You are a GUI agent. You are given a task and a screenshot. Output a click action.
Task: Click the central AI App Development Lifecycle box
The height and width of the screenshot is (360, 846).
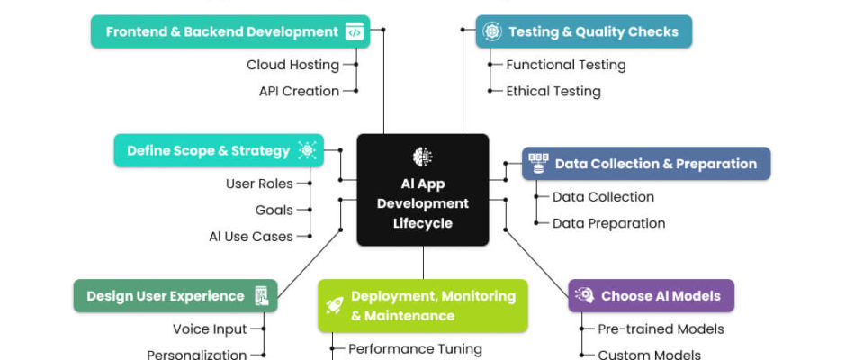click(423, 190)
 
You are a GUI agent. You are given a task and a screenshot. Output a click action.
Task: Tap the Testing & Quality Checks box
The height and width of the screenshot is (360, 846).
click(583, 31)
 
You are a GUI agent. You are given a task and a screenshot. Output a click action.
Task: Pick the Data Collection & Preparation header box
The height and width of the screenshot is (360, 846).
click(646, 164)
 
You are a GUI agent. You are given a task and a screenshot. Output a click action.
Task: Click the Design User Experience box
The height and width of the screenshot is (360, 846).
click(175, 295)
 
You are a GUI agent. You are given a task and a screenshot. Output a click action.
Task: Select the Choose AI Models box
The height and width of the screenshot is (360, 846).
click(651, 295)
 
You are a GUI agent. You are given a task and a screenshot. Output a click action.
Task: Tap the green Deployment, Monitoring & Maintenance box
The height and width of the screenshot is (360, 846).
click(422, 305)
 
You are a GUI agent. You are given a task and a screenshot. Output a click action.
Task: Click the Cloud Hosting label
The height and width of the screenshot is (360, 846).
click(292, 65)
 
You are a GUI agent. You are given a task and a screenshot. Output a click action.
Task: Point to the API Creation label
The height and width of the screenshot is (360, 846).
click(299, 91)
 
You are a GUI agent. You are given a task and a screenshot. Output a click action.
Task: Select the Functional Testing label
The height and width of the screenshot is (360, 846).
click(565, 65)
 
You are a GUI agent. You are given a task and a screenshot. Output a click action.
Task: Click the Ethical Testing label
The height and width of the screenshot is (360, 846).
click(553, 91)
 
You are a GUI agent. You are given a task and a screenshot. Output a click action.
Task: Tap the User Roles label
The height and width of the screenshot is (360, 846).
click(259, 184)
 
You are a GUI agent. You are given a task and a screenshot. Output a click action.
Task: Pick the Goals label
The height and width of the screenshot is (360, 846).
click(274, 210)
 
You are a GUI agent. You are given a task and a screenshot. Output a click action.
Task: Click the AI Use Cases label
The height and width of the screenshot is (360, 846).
click(251, 236)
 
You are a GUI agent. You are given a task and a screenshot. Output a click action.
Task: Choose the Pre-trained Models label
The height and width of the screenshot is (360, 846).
click(661, 328)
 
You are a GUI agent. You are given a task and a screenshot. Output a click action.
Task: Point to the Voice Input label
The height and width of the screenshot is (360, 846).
click(210, 328)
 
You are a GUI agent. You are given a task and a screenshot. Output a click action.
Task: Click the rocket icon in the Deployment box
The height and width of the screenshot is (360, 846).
click(335, 305)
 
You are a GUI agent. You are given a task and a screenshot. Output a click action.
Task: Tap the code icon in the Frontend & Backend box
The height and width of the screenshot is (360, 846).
click(355, 31)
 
